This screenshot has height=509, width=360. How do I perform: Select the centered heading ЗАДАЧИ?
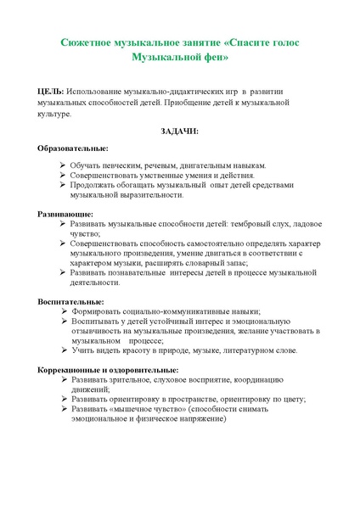pyautogui.click(x=179, y=131)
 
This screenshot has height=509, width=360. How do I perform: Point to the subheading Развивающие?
pyautogui.click(x=65, y=215)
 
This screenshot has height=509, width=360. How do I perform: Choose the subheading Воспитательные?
pyautogui.click(x=71, y=302)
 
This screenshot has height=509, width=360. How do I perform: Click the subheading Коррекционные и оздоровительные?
pyautogui.click(x=108, y=370)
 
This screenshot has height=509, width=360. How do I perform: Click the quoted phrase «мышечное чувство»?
pyautogui.click(x=131, y=409)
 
